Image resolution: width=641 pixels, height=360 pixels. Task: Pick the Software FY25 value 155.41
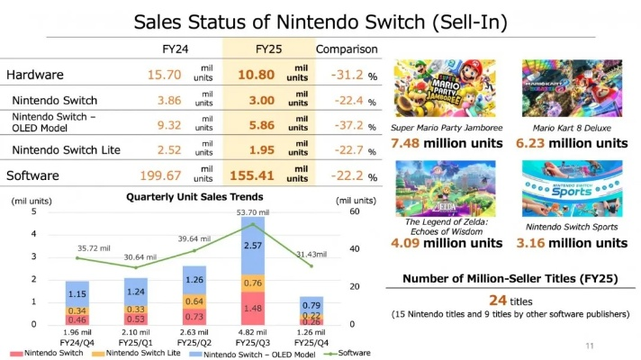pos(263,175)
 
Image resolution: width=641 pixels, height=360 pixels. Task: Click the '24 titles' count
pos(506,299)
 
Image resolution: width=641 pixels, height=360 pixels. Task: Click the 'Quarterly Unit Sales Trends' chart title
pos(194,197)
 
